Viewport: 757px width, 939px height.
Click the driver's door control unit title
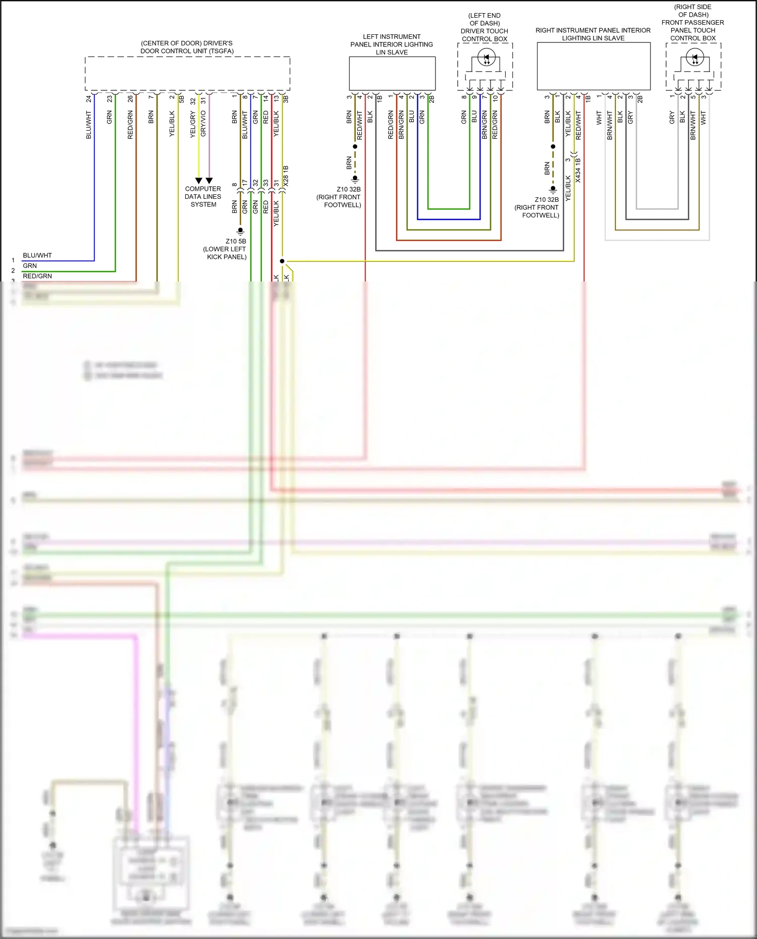point(187,47)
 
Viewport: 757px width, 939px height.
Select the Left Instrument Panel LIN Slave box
point(392,73)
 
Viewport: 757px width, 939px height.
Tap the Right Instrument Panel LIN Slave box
point(593,66)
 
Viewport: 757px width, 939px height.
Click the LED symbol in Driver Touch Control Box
point(486,58)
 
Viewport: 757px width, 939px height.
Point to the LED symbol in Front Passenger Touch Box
point(695,58)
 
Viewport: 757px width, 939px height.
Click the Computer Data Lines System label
point(203,196)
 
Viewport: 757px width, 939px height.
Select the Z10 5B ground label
point(236,241)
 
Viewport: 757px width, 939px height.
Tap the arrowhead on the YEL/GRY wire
point(198,181)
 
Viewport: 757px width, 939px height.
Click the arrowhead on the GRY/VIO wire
point(209,181)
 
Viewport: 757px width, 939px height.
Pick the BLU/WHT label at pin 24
point(89,125)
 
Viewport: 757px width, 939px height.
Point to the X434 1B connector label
point(578,170)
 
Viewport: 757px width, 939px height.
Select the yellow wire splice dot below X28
point(282,261)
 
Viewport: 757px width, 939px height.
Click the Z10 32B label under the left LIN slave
point(349,189)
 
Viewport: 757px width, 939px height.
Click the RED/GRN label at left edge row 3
point(37,276)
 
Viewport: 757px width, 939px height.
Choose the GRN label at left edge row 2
point(30,265)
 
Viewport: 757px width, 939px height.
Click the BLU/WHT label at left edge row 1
point(37,255)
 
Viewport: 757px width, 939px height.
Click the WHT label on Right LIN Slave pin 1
point(599,118)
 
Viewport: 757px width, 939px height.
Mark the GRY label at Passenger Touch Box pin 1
point(672,118)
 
